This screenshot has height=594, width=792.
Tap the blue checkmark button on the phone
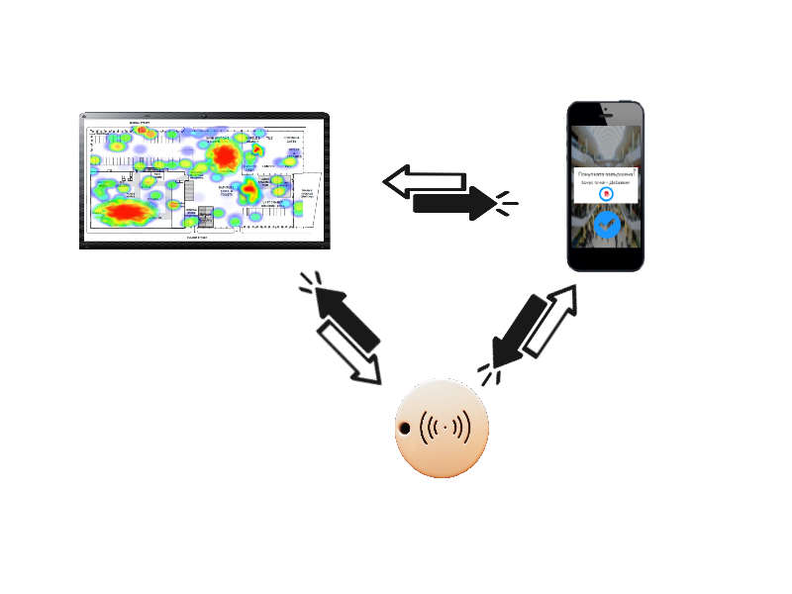606,226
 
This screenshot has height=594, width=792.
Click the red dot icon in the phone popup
606,194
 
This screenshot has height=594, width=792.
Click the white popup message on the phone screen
606,185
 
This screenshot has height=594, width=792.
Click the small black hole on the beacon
405,429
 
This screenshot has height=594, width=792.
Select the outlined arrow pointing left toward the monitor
424,181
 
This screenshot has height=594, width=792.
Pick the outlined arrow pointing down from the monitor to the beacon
349,353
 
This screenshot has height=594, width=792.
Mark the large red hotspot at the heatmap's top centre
224,155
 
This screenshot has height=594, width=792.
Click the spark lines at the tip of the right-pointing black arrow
507,203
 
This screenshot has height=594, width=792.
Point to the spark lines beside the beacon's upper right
487,370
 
